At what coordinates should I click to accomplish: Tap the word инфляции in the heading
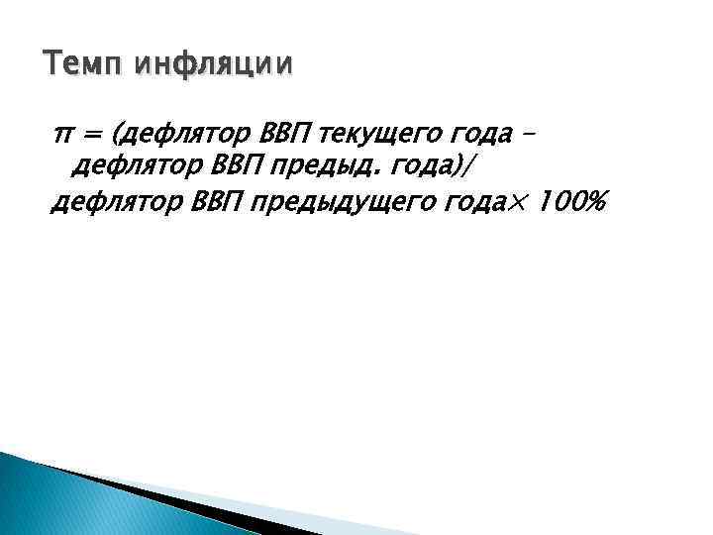click(x=214, y=66)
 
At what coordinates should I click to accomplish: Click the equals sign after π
click(x=95, y=134)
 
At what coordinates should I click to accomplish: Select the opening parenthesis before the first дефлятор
click(x=119, y=134)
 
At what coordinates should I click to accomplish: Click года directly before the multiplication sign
click(x=477, y=204)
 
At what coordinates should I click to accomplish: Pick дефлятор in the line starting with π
click(x=185, y=134)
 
